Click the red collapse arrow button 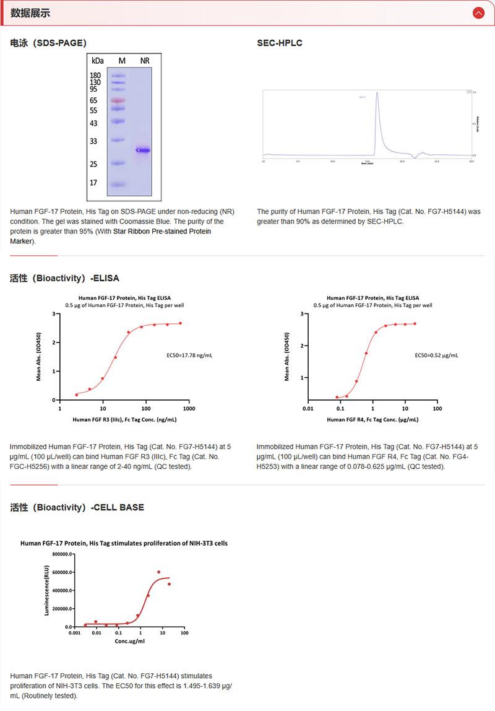pos(478,13)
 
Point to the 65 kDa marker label pos(93,100)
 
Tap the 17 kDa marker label pos(93,183)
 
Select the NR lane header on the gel pos(144,61)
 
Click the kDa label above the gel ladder pos(97,61)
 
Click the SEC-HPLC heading pos(280,43)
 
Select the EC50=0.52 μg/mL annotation pos(436,355)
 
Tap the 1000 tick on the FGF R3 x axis pos(189,409)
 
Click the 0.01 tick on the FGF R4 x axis pos(308,409)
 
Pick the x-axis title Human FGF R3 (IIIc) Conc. pos(124,419)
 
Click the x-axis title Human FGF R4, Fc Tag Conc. pos(372,419)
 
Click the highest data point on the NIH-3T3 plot pos(158,572)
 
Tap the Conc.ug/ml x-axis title pos(129,641)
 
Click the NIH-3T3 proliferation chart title pos(124,543)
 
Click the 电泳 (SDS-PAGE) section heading pos(48,43)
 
